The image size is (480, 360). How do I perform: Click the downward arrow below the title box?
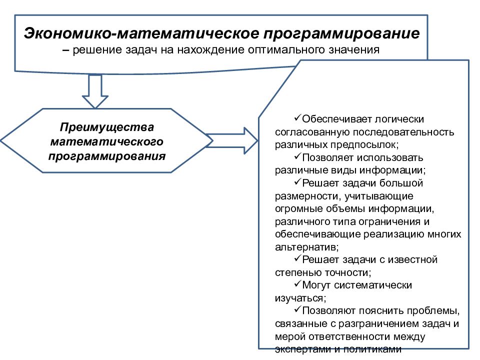click(95, 91)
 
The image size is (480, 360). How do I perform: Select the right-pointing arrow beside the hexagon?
click(231, 141)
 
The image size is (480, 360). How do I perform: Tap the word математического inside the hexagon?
click(107, 141)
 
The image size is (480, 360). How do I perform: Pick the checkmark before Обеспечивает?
click(297, 118)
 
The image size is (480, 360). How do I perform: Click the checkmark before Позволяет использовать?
click(297, 156)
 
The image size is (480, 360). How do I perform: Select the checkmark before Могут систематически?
click(297, 284)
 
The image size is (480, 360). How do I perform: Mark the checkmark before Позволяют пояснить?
click(297, 309)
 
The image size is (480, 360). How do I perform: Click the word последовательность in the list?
click(403, 132)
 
